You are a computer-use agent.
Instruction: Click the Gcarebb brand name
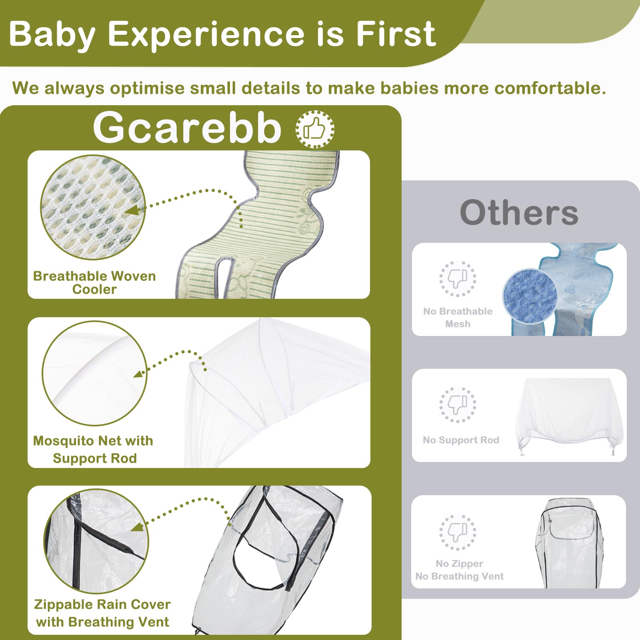pyautogui.click(x=187, y=127)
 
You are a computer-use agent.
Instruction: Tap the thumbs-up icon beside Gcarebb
pyautogui.click(x=315, y=129)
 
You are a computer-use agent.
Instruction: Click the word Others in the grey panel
pyautogui.click(x=519, y=212)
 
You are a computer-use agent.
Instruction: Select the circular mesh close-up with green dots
pyautogui.click(x=93, y=208)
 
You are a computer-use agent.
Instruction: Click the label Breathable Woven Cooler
pyautogui.click(x=94, y=282)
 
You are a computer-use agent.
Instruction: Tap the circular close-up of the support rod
pyautogui.click(x=95, y=373)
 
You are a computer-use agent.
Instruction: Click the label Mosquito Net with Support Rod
pyautogui.click(x=93, y=449)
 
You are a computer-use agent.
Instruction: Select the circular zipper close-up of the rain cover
pyautogui.click(x=96, y=541)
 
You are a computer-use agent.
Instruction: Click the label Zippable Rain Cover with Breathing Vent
pyautogui.click(x=102, y=613)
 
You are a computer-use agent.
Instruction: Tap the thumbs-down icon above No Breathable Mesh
pyautogui.click(x=458, y=279)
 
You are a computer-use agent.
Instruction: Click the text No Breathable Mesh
pyautogui.click(x=458, y=318)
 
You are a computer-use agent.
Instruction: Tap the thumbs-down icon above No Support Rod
pyautogui.click(x=458, y=405)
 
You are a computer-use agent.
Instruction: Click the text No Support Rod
pyautogui.click(x=461, y=440)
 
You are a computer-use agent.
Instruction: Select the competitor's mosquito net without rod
pyautogui.click(x=570, y=416)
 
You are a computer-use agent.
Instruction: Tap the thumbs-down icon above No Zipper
pyautogui.click(x=458, y=532)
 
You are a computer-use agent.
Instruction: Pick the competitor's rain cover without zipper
pyautogui.click(x=569, y=543)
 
